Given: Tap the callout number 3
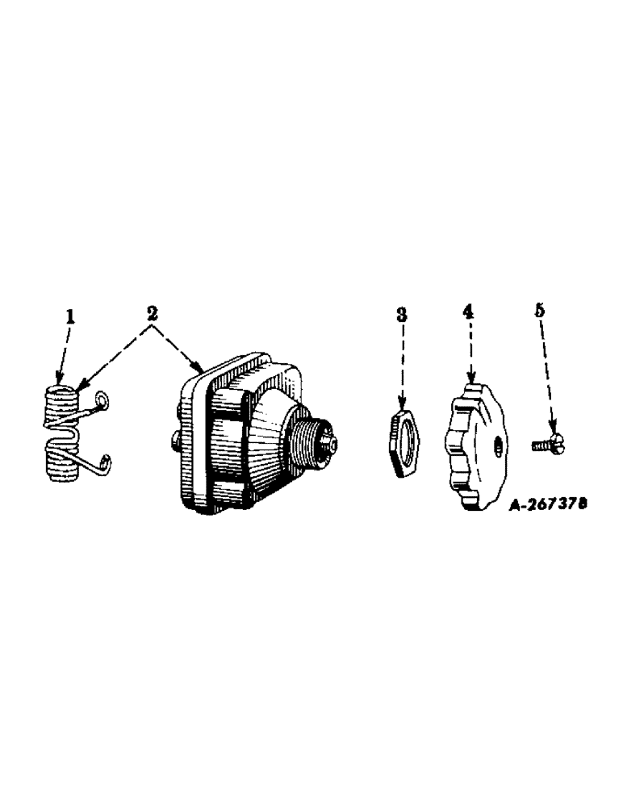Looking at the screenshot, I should click(402, 315).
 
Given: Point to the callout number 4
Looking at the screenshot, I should click(468, 311).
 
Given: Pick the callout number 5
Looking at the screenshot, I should click(539, 309).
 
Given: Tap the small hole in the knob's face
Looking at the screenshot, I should click(497, 444).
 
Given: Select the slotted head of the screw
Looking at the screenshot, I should click(554, 441).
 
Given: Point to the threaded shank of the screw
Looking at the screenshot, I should click(540, 443).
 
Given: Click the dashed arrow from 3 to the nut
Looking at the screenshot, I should click(402, 363).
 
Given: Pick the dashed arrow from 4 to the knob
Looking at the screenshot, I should click(469, 347).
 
